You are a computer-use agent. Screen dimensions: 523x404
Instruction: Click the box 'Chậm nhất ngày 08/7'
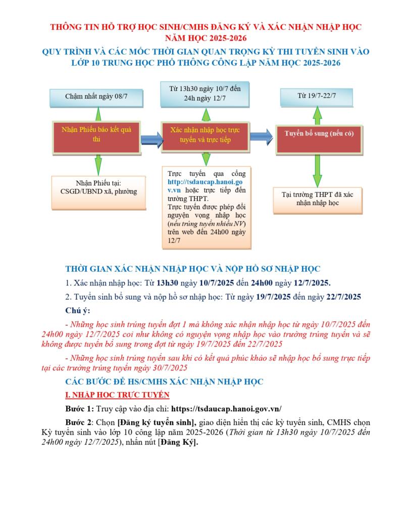96,96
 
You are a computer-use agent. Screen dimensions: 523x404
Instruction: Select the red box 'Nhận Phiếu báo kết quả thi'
96,135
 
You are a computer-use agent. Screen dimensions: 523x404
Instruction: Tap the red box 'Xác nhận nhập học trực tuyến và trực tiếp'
205,135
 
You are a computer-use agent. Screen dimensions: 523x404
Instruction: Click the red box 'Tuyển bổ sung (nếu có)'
318,134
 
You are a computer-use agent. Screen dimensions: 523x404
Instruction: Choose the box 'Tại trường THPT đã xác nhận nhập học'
318,198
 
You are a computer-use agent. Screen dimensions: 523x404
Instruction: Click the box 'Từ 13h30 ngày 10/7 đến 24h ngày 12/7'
205,93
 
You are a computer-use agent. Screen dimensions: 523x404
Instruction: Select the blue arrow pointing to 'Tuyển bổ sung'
261,136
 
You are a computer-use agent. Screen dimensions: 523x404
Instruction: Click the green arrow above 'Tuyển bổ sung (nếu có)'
317,116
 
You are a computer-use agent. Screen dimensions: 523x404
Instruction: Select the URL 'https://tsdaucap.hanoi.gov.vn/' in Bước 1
227,409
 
